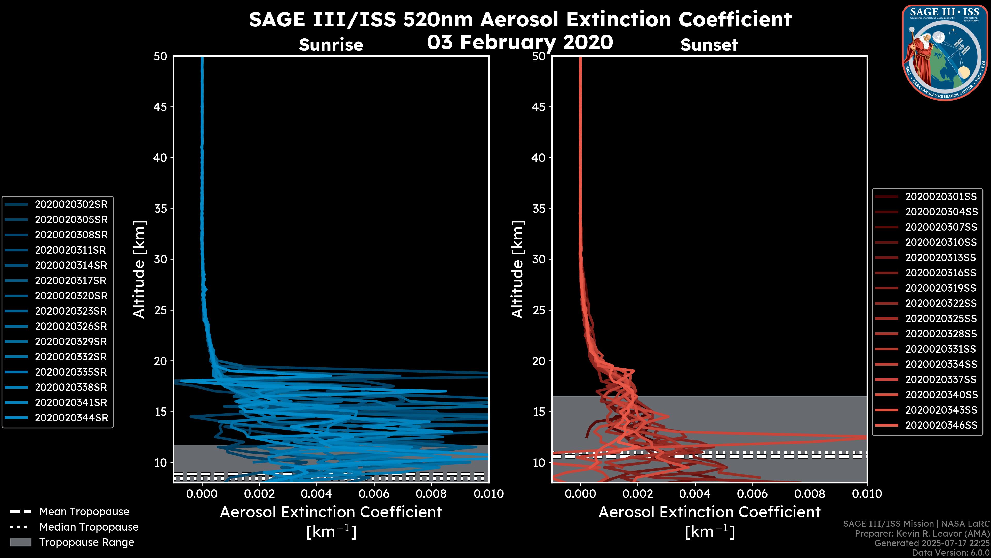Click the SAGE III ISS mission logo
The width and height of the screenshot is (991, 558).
click(945, 52)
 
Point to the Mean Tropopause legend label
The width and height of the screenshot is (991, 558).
click(84, 512)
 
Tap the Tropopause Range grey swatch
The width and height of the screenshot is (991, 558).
click(21, 542)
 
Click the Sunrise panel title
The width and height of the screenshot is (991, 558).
click(331, 45)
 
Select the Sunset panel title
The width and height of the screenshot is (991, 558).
click(709, 45)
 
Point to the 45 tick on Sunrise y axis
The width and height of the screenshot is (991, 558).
click(160, 107)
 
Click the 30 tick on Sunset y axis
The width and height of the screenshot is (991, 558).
click(539, 259)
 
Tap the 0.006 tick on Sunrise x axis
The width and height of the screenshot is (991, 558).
click(373, 494)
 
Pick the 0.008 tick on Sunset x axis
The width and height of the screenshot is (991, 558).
click(810, 494)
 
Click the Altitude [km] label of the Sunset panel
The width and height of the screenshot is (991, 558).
click(518, 269)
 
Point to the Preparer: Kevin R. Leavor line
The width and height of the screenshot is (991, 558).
click(922, 534)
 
